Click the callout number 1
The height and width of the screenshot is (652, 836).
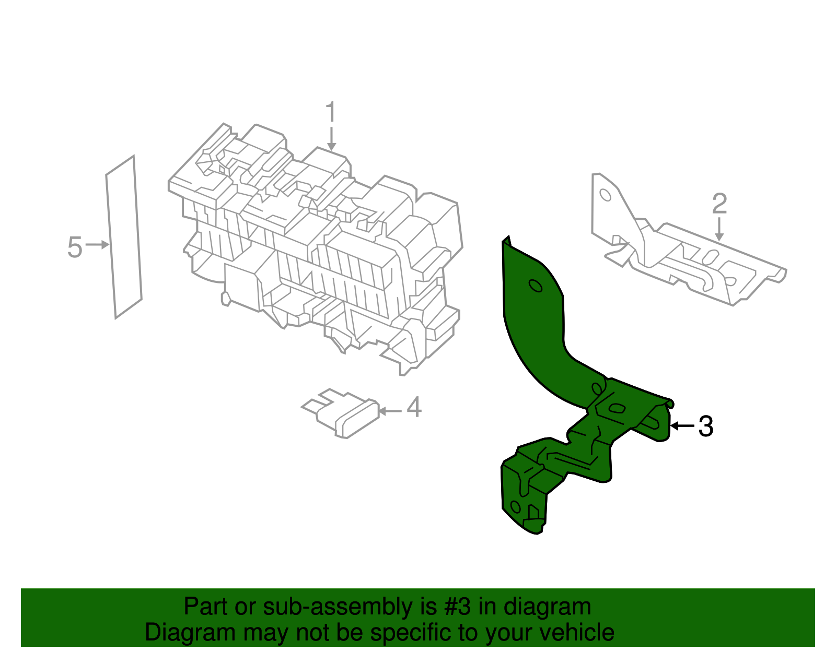click(x=330, y=113)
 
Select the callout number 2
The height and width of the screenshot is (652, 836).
click(x=719, y=204)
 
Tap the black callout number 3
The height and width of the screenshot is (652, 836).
click(x=705, y=426)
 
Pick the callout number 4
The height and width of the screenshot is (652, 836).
click(x=414, y=407)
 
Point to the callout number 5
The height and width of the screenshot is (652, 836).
click(x=75, y=247)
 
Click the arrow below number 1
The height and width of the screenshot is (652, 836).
click(x=331, y=140)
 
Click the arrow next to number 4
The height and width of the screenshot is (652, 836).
click(x=390, y=411)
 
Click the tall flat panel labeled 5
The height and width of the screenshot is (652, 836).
click(x=124, y=238)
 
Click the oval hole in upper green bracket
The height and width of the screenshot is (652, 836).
click(x=536, y=286)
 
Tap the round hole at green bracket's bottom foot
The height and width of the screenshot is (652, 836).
click(x=515, y=506)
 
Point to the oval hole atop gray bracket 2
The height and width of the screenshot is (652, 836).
click(x=605, y=195)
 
